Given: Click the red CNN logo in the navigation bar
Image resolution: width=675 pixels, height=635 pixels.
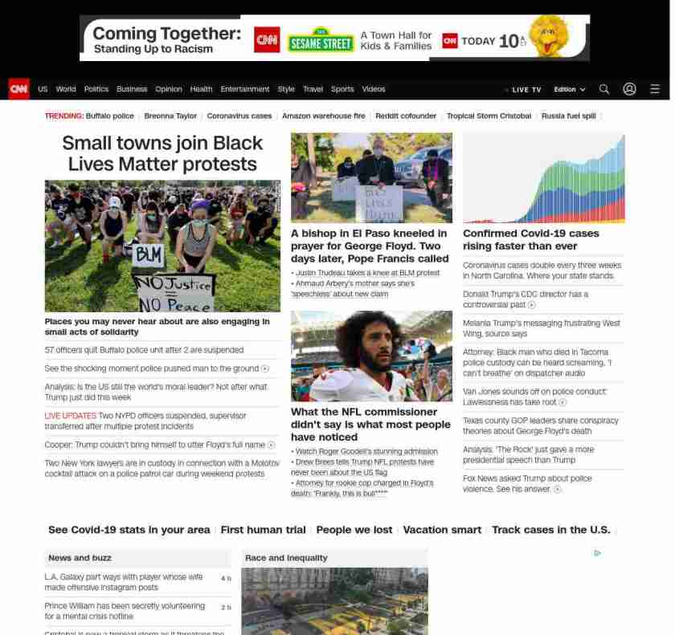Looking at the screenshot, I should tap(18, 89).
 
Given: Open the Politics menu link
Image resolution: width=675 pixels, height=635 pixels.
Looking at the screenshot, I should tap(96, 89).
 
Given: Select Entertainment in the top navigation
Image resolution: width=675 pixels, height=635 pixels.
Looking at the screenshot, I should tap(245, 89).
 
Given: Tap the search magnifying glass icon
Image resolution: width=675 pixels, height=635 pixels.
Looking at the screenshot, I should tap(604, 89).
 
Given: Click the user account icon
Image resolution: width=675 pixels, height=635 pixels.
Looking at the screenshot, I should tap(629, 89).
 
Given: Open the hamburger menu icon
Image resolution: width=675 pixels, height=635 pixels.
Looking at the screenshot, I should tap(655, 89).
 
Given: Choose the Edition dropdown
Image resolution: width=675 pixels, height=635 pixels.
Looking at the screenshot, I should tap(569, 89).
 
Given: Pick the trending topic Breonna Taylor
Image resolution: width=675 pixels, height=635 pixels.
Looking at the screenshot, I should tap(170, 116).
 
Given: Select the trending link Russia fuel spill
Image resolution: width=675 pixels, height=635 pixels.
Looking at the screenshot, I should tap(568, 116).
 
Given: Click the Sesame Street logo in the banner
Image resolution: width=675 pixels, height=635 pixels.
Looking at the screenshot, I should tap(321, 40).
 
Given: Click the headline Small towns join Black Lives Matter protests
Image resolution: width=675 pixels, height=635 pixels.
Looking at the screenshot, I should tap(162, 153).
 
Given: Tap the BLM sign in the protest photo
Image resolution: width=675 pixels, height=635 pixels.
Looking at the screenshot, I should tap(147, 255).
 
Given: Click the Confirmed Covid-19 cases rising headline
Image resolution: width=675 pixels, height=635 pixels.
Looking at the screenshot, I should tap(530, 239).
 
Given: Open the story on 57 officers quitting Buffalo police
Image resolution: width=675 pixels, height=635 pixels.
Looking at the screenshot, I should tap(144, 350).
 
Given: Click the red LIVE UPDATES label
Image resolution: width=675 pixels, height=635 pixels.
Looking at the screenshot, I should tap(70, 416).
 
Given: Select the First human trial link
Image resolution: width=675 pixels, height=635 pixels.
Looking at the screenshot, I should tap(263, 530).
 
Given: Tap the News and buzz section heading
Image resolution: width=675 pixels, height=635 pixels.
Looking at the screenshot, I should tap(80, 558).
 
